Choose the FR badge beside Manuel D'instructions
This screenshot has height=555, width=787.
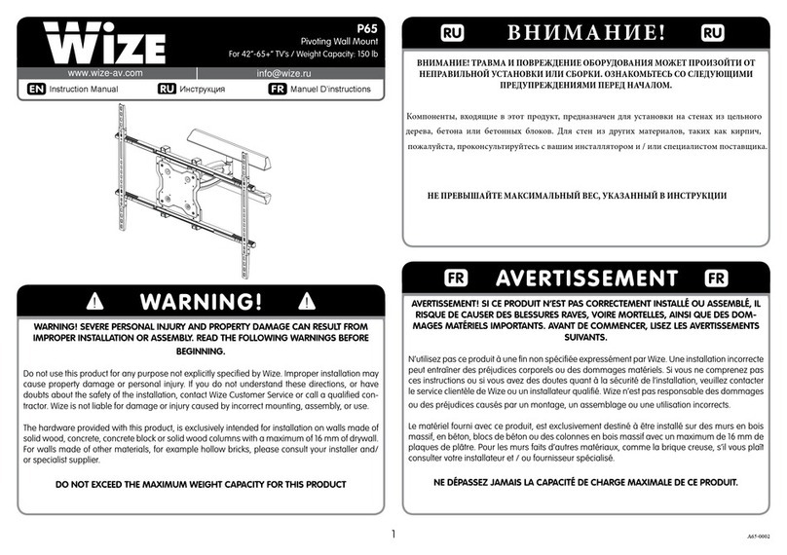point(278,89)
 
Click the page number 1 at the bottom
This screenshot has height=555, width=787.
point(393,533)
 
